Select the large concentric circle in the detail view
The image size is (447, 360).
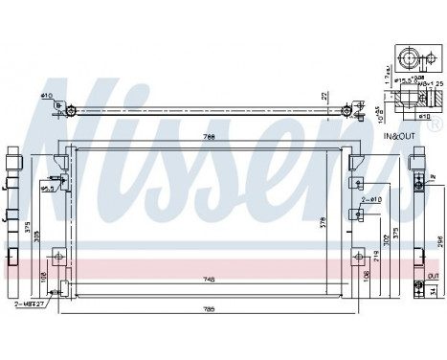pyautogui.click(x=411, y=59)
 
